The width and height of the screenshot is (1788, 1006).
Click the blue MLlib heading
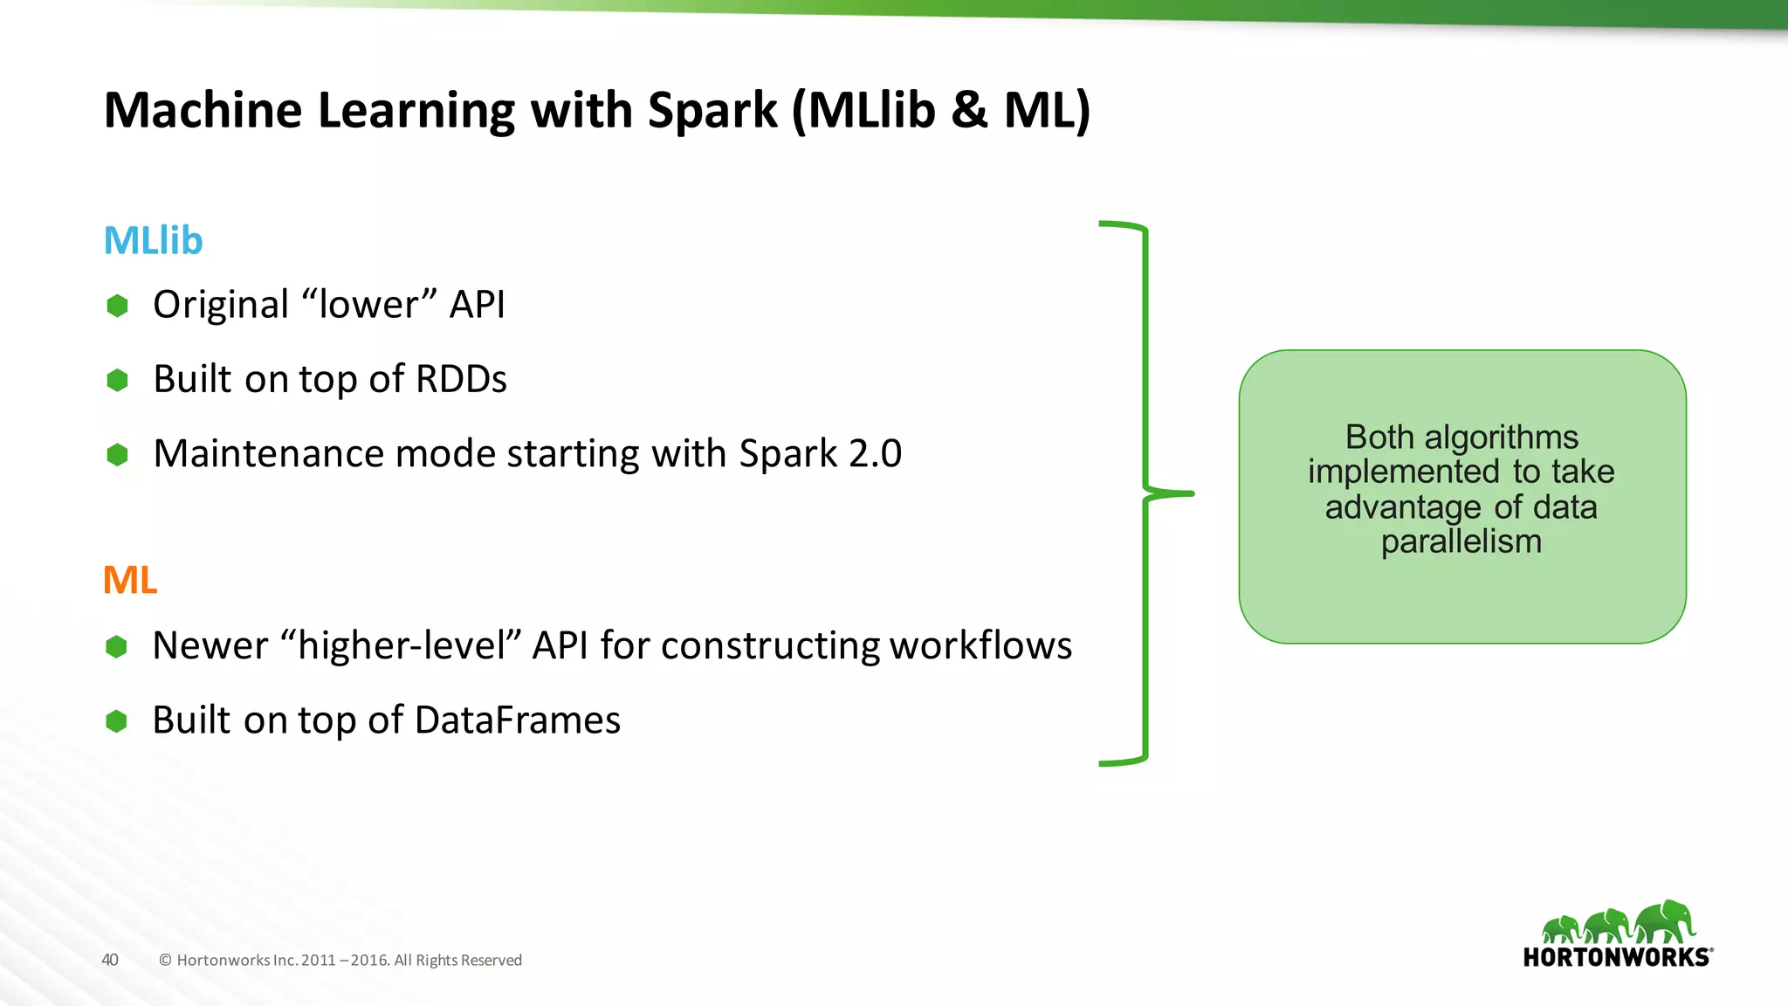(153, 241)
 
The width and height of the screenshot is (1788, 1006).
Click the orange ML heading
(130, 581)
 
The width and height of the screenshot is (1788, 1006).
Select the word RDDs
(461, 380)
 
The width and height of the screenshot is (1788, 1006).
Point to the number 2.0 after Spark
(875, 454)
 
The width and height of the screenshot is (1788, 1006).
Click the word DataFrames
(517, 720)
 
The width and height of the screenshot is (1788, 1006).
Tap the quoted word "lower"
(368, 305)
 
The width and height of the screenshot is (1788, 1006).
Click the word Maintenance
(269, 454)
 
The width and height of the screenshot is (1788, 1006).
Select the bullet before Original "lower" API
(117, 306)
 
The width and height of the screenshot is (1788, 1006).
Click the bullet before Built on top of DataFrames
(116, 721)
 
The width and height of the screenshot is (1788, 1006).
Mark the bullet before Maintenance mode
(117, 455)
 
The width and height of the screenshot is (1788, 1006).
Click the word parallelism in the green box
(1461, 542)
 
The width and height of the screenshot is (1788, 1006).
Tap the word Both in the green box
(1379, 437)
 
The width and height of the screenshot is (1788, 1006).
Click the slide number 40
(110, 960)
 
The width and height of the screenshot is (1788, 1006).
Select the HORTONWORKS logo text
(1616, 957)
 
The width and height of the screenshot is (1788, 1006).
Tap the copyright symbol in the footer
(165, 961)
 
